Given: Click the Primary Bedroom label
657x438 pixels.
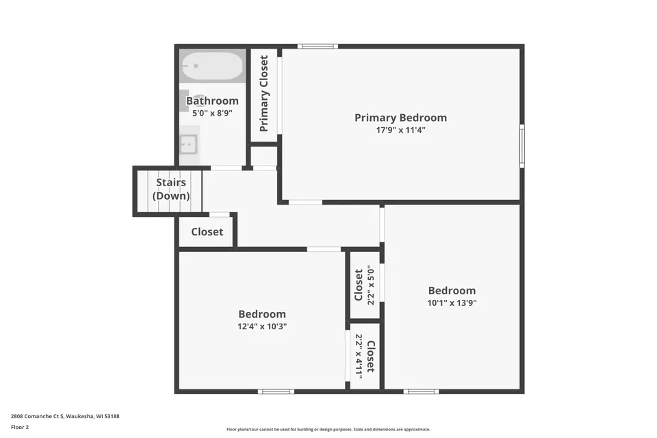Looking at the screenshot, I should coord(400,118).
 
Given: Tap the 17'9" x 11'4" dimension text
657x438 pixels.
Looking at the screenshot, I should coord(400,129).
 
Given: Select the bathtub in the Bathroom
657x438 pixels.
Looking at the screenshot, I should coord(211,67).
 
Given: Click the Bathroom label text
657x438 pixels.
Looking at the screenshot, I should coord(212,101).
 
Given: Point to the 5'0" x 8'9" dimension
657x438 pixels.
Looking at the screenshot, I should coord(212,113).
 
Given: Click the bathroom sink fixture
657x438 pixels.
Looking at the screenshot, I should coord(188,144).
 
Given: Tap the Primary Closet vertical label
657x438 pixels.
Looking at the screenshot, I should coord(264,94).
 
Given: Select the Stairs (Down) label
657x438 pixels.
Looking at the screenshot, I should coord(170,190).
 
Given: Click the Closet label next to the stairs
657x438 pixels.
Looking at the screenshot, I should coord(207,232).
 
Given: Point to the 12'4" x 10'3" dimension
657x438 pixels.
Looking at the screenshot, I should coord(262,326).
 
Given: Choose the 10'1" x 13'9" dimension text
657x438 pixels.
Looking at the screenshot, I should coord(452,302).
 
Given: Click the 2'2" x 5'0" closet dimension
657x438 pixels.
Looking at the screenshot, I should coord(372,285).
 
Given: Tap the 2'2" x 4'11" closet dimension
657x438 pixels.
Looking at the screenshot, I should coord(358,357).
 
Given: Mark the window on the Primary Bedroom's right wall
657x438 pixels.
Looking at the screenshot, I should coord(521,146).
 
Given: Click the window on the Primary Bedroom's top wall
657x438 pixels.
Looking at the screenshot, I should coord(318,47).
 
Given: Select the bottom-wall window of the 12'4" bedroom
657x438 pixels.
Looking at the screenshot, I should coord(276,391).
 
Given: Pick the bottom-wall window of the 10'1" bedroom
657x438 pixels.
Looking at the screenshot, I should coord(421,391).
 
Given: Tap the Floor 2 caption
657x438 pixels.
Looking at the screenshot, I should coord(20,427).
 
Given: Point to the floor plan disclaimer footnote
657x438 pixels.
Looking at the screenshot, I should coord(328,430).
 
